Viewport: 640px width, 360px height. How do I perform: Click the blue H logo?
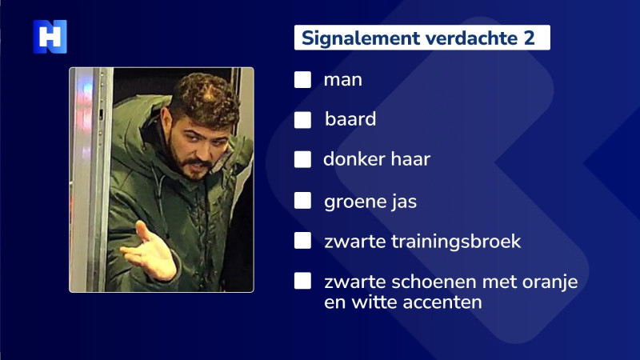50,37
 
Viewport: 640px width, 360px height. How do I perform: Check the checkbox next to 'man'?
302,80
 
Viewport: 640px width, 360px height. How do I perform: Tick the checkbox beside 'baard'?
302,120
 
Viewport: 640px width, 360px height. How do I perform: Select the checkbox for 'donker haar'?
302,159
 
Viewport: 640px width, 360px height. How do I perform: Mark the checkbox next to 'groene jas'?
302,201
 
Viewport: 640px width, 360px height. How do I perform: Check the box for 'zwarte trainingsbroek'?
302,241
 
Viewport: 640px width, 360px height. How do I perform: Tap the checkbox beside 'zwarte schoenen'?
302,282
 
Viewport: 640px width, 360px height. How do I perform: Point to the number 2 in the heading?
529,38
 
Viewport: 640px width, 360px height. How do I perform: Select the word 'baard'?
350,120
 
